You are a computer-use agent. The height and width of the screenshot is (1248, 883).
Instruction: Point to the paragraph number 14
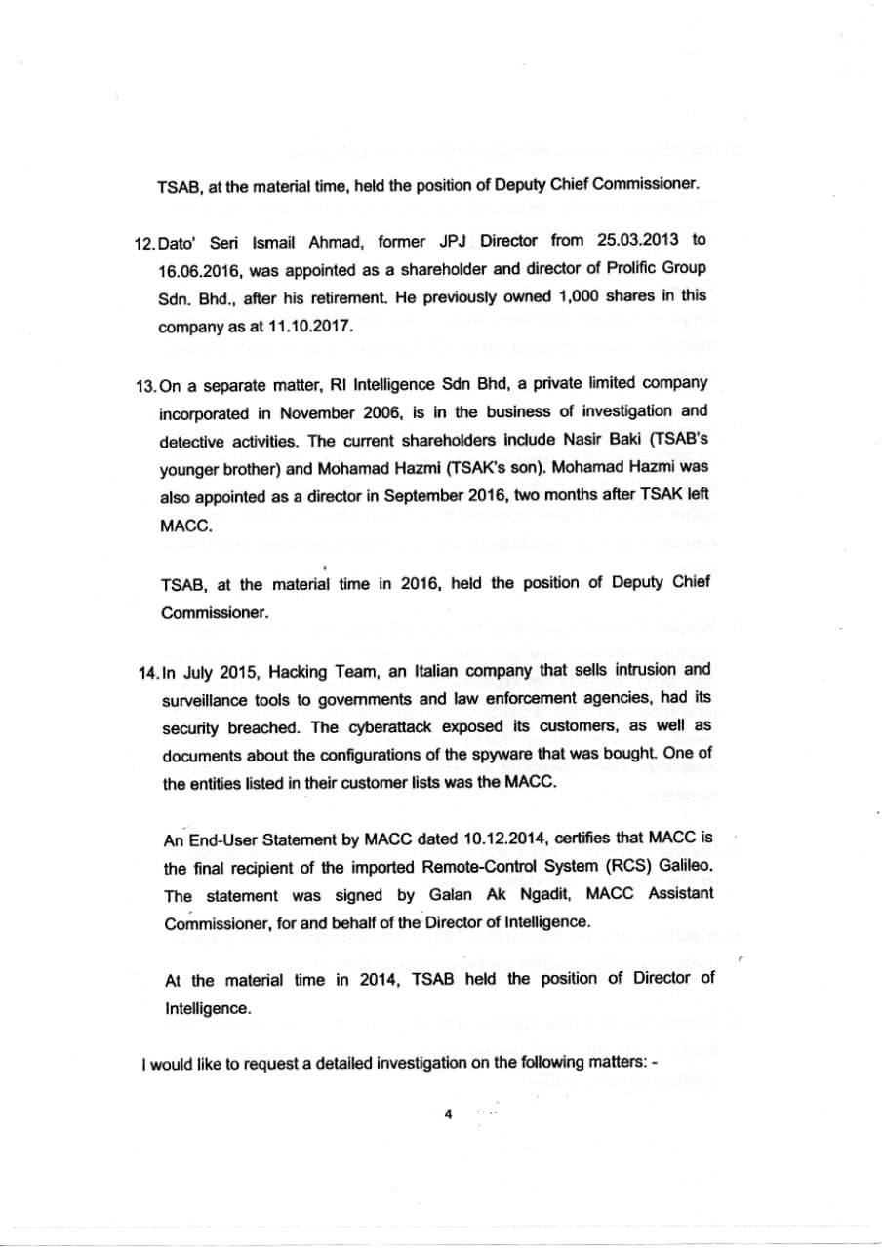[148, 672]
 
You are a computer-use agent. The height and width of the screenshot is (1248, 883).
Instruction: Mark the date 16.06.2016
[196, 268]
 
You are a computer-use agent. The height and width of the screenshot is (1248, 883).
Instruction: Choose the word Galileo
[685, 866]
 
